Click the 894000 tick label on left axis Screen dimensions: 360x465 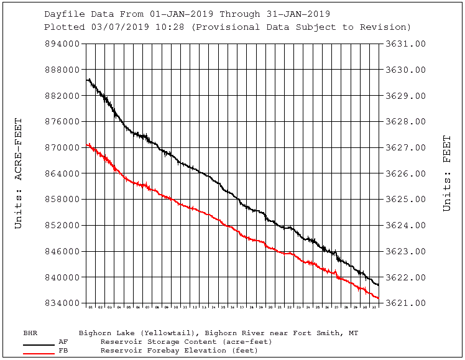pos(62,44)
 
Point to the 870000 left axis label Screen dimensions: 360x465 pos(62,148)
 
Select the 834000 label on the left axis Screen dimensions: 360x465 pos(62,303)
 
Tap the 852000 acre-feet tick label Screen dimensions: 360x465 pos(62,226)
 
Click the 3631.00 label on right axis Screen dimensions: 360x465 pos(405,44)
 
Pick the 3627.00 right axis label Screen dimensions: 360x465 pos(405,148)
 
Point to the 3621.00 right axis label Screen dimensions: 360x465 pos(405,303)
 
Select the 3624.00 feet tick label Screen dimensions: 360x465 pos(405,226)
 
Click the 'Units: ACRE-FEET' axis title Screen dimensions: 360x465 pos(19,173)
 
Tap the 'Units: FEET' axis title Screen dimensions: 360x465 pos(446,173)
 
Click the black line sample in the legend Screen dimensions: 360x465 pos(39,344)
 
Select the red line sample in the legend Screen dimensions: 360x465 pos(39,353)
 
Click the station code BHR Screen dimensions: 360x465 pos(30,333)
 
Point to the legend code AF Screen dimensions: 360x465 pos(63,341)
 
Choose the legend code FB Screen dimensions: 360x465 pos(63,351)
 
